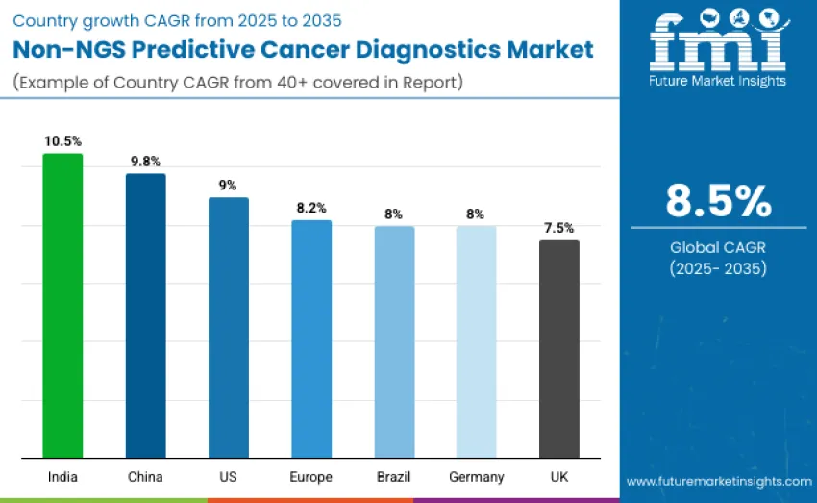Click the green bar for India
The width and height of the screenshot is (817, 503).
pos(62,305)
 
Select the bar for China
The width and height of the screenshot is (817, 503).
pos(145,315)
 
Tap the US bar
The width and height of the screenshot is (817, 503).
pos(228,327)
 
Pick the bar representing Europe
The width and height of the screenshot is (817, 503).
pos(310,339)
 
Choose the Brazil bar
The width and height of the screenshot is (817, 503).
pos(394,341)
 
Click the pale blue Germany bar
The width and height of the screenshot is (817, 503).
pos(476,341)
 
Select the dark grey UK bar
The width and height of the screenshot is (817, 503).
pos(558,348)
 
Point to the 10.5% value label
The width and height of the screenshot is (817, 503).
pos(62,140)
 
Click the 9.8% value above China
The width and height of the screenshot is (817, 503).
pos(145,161)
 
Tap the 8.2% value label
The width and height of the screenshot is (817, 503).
pos(310,207)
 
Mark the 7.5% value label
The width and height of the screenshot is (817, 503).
pos(558,228)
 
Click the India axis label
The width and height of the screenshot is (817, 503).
pos(62,477)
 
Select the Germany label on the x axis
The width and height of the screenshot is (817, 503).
pos(476,477)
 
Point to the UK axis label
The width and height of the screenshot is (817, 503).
pos(558,477)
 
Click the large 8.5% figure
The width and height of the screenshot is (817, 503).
pos(718,201)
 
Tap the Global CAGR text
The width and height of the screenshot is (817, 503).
pos(718,247)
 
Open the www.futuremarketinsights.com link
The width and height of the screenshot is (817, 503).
pos(718,481)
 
